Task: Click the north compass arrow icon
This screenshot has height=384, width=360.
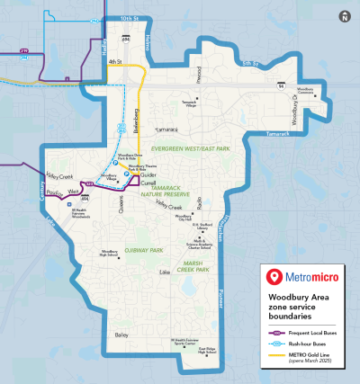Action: [x=345, y=15]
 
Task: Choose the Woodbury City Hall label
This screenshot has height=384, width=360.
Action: [x=184, y=217]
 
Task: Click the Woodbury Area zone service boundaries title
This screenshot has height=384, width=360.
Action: [x=302, y=304]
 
